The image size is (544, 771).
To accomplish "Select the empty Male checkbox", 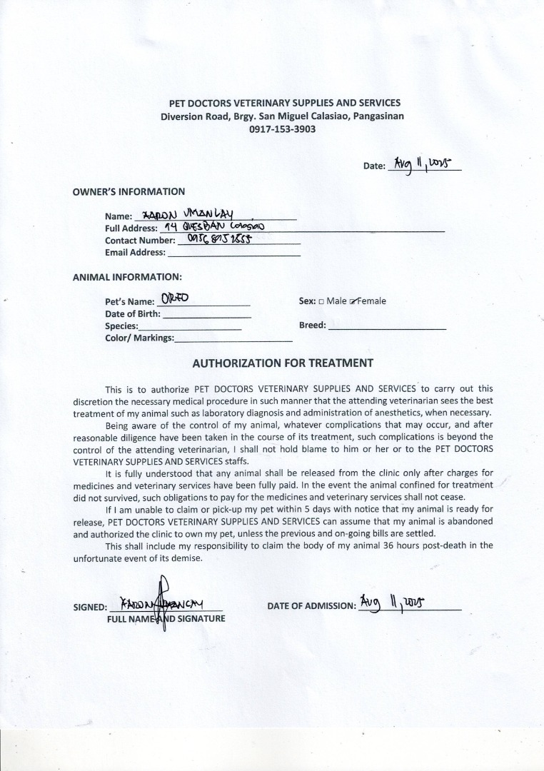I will (x=321, y=301).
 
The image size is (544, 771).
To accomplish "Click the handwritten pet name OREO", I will (x=174, y=298).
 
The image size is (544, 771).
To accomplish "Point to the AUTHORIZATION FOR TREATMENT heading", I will (x=283, y=363).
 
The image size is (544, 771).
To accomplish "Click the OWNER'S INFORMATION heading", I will (x=129, y=191).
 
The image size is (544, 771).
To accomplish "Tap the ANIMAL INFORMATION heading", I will (x=127, y=276).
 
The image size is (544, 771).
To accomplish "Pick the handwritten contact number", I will (x=216, y=239).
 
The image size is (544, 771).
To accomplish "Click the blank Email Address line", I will (x=233, y=253).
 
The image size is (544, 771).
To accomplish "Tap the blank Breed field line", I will (x=387, y=326).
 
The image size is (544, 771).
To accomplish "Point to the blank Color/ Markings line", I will (x=233, y=338).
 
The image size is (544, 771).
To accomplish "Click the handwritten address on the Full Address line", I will (x=214, y=226).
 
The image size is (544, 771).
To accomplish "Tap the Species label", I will (x=121, y=326).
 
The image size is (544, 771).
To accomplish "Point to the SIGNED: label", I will (x=90, y=608).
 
